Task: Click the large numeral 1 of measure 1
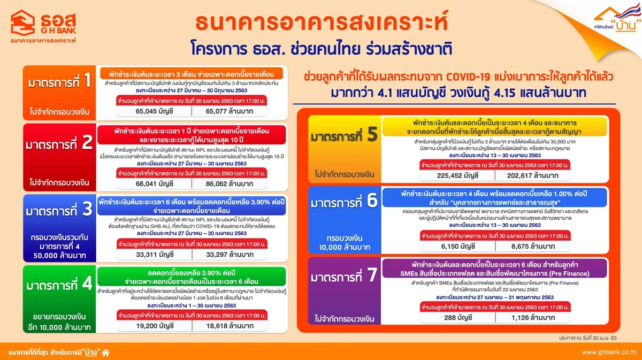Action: [x=88, y=83]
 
